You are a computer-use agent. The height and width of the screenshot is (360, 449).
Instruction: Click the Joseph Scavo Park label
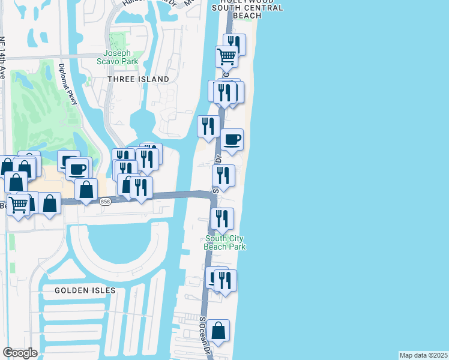point(117,56)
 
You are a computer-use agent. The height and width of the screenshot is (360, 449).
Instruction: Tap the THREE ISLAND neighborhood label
point(138,79)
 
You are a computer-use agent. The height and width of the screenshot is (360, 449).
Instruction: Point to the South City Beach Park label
point(224,242)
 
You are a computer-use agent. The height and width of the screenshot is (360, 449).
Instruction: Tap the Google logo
point(20,353)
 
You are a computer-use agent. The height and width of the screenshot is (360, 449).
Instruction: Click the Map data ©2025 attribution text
point(423,355)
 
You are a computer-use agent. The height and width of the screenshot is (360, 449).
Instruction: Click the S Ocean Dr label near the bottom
point(206,335)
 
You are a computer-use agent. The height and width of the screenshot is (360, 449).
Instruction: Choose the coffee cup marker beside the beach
point(232,140)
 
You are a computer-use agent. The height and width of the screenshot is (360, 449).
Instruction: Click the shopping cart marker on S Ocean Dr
point(227,57)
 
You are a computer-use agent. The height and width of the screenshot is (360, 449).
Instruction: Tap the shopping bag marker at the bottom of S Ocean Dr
point(218,330)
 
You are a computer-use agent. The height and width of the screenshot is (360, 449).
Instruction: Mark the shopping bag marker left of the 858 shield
point(86,190)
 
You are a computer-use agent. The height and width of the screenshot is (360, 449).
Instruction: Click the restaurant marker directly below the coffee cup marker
point(223,176)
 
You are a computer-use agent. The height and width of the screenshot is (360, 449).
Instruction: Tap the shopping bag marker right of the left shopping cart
point(49,203)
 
